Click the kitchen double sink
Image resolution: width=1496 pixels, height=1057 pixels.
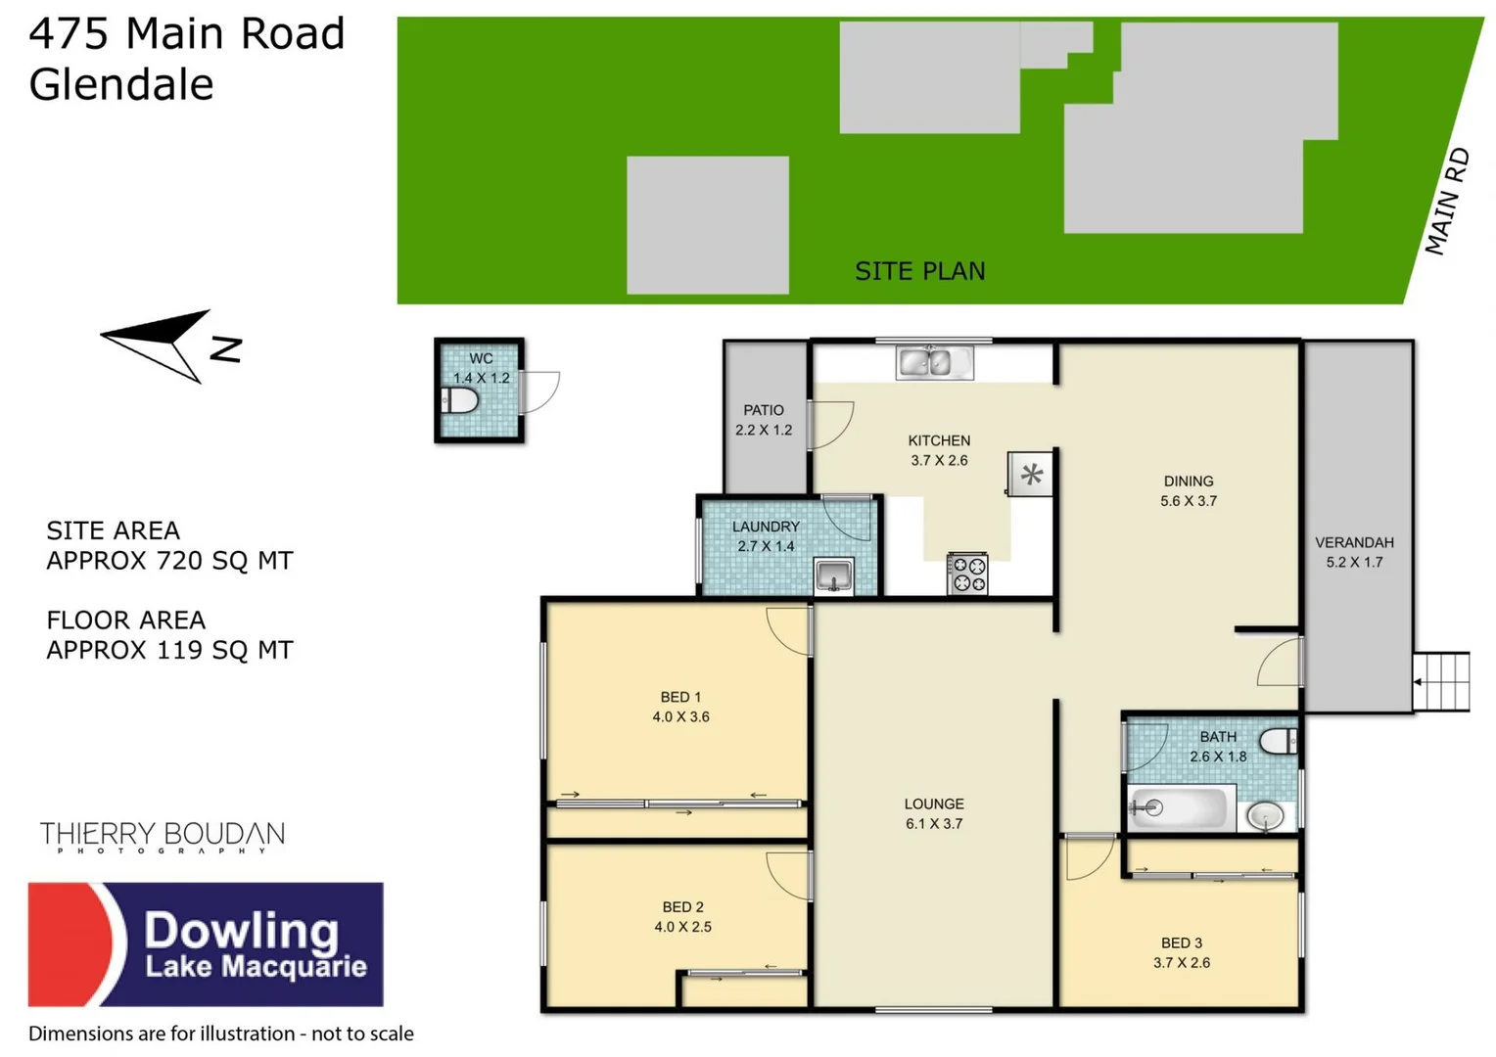(x=935, y=362)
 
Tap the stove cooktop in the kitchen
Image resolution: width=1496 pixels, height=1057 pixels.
(x=967, y=574)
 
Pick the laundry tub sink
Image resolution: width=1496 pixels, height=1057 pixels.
(x=833, y=575)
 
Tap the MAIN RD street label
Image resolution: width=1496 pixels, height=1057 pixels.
(x=1448, y=202)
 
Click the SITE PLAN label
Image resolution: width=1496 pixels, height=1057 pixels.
(x=919, y=271)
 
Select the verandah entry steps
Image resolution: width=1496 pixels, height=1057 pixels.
(x=1441, y=681)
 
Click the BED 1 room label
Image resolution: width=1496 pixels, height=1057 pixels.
(x=680, y=697)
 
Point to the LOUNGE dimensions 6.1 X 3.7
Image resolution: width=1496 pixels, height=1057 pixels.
(x=934, y=824)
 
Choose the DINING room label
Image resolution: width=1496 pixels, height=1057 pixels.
(x=1189, y=481)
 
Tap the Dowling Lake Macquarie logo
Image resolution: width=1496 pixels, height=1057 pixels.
(x=206, y=944)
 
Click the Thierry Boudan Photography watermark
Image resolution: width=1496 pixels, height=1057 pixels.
(x=163, y=838)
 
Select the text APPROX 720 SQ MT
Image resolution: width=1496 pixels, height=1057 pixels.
(x=169, y=561)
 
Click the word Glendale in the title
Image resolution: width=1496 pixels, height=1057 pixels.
(x=121, y=84)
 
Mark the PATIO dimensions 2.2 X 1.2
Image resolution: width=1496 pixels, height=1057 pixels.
(x=764, y=430)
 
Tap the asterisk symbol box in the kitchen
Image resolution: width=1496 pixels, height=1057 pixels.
(x=1031, y=475)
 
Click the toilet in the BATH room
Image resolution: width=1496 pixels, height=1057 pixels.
(x=1279, y=741)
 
